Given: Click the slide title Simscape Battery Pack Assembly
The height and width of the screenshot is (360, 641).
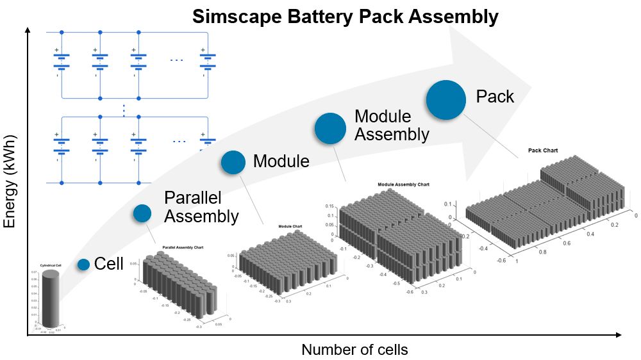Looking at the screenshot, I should (x=345, y=16).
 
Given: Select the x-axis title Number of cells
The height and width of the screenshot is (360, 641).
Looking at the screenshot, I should (x=354, y=350).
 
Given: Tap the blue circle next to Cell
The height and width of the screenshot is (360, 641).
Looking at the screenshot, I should (x=83, y=264).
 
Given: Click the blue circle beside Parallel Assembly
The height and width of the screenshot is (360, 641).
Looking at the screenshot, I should (x=142, y=213).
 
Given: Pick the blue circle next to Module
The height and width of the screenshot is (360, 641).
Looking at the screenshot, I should (x=233, y=162).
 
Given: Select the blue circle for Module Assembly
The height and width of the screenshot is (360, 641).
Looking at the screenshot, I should (x=330, y=128).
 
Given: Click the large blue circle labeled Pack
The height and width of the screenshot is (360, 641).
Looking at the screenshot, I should (x=446, y=100).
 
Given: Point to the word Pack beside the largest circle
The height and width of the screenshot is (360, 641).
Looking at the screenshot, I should (x=495, y=97).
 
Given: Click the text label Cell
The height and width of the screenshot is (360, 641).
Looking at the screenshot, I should (x=109, y=263).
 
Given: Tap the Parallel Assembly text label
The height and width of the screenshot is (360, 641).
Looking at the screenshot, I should (x=201, y=207).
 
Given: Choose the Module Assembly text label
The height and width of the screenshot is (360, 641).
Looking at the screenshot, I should (x=392, y=126).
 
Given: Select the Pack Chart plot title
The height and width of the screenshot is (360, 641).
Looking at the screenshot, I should (x=542, y=151).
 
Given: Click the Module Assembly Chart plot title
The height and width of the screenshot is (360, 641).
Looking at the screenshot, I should (x=403, y=184).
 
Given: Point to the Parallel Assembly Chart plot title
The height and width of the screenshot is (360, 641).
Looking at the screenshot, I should (x=183, y=247).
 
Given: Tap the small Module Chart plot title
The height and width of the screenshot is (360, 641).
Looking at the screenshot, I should (x=290, y=226).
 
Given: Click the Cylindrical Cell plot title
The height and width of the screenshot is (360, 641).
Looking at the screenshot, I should (x=49, y=264).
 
